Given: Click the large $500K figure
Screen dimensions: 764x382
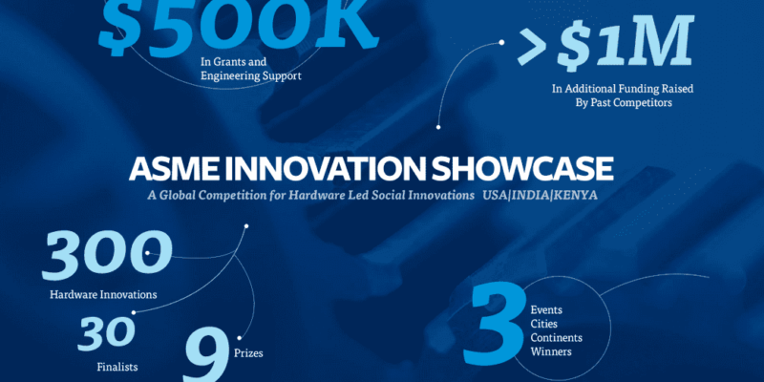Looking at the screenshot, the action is [x=239, y=26].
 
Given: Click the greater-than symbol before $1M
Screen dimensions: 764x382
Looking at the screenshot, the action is [x=534, y=47].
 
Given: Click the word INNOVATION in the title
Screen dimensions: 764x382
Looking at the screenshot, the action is [x=323, y=169].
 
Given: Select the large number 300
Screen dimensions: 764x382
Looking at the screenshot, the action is [x=107, y=256].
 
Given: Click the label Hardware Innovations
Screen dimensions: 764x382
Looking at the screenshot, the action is [x=103, y=295].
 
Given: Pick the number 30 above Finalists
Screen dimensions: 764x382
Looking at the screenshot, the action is [x=106, y=333].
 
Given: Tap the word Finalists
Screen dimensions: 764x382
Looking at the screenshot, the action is [x=117, y=367].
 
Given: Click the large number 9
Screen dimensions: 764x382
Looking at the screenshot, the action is [x=206, y=355].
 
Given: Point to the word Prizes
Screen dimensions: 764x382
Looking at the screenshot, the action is [x=248, y=352].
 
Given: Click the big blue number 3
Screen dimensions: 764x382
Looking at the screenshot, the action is [x=495, y=326].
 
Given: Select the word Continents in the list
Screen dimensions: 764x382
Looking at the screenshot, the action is [x=557, y=338].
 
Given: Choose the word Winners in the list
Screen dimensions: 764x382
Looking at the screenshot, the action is [x=551, y=351].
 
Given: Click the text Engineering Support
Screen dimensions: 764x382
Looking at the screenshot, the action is [x=251, y=76].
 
